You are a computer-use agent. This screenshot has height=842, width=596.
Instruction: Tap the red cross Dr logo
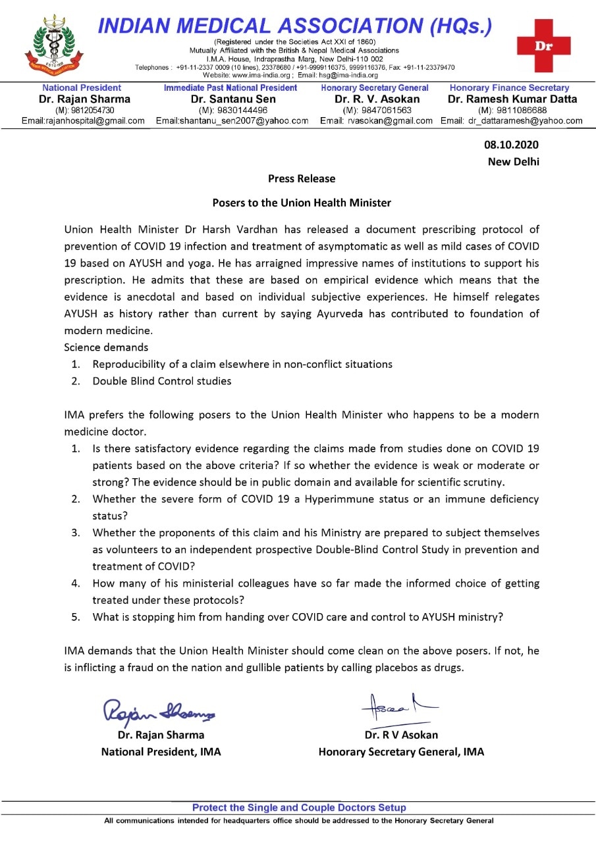coord(543,45)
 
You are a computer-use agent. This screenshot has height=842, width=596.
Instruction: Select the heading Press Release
coord(301,179)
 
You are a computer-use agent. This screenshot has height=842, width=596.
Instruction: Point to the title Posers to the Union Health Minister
coord(301,203)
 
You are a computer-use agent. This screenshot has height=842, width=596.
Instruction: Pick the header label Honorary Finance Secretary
coord(509,87)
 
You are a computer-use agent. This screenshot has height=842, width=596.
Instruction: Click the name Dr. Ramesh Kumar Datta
coord(512,99)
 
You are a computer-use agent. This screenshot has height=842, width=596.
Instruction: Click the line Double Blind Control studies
coord(161,381)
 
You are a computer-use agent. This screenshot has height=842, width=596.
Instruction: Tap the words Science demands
coord(106,347)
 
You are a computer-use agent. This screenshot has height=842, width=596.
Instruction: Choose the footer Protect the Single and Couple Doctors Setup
coord(299,808)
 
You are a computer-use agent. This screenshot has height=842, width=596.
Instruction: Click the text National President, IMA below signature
coord(161,751)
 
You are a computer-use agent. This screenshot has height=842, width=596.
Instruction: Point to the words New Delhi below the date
coord(513,162)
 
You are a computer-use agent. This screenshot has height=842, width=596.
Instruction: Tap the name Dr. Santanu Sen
coord(233,99)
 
